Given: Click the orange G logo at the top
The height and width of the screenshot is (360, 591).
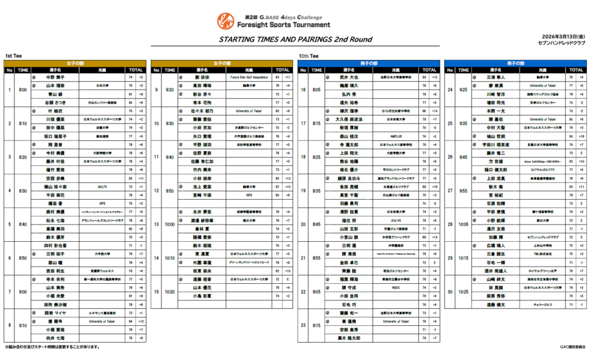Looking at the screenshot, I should click(x=225, y=21).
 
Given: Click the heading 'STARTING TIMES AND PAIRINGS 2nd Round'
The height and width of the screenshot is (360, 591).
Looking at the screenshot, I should click(x=295, y=39).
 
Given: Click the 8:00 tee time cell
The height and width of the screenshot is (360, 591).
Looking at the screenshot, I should click(x=23, y=89).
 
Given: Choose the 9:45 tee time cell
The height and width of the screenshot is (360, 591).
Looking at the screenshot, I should click(x=463, y=157).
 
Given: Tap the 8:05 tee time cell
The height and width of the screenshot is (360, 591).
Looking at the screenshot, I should click(x=315, y=89).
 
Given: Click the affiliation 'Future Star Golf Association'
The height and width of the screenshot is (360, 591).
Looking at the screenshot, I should click(x=249, y=77).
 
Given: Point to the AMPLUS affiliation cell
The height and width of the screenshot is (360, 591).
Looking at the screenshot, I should click(x=395, y=137).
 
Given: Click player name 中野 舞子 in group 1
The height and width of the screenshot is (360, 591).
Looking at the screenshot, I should click(x=56, y=77).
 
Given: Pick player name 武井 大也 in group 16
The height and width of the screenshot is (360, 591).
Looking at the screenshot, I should click(x=349, y=77).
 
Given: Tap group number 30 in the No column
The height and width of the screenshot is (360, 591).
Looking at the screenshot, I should click(x=450, y=292).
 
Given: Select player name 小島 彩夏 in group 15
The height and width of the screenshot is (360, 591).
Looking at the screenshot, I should click(x=202, y=296).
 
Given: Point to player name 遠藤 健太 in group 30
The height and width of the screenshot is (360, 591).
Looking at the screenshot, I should click(x=495, y=305).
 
